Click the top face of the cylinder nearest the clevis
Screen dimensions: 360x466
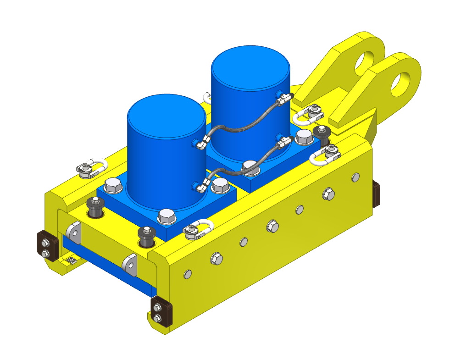click(250, 66)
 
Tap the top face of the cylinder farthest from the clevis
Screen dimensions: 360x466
click(166, 115)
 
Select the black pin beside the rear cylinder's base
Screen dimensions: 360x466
click(322, 135)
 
